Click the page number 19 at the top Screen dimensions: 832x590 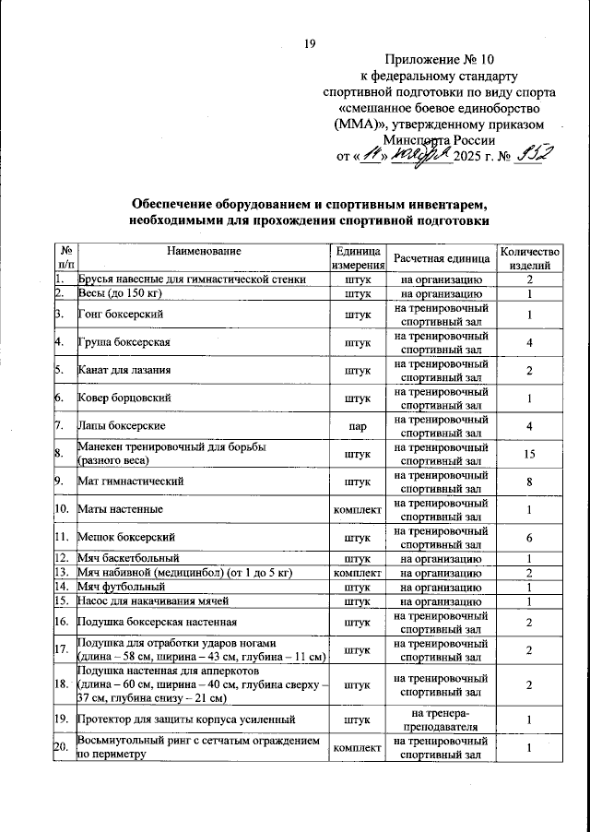(310, 43)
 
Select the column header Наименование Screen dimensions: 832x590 (205, 251)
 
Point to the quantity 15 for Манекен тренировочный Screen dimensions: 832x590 (529, 453)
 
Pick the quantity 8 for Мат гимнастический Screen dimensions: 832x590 (529, 481)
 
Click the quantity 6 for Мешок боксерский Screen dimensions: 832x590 (529, 537)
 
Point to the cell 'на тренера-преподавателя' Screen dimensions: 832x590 (438, 719)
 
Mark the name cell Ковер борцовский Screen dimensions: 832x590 (123, 398)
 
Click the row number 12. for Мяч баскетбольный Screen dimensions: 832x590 (63, 558)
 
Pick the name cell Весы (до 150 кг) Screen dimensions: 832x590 (120, 293)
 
